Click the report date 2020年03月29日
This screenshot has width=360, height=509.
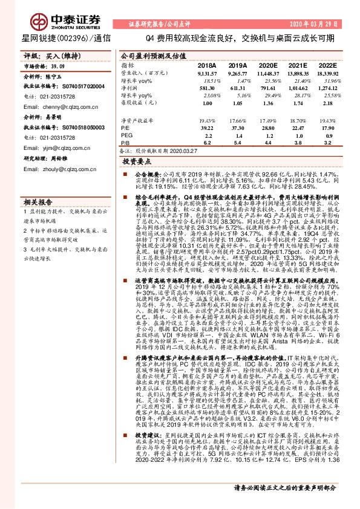pyautogui.click(x=326, y=24)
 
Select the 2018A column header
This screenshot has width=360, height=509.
pyautogui.click(x=206, y=65)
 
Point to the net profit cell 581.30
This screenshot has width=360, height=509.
pyautogui.click(x=206, y=88)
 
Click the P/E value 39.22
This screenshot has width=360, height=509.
pyautogui.click(x=206, y=128)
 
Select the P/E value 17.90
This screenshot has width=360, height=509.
pyautogui.click(x=327, y=128)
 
